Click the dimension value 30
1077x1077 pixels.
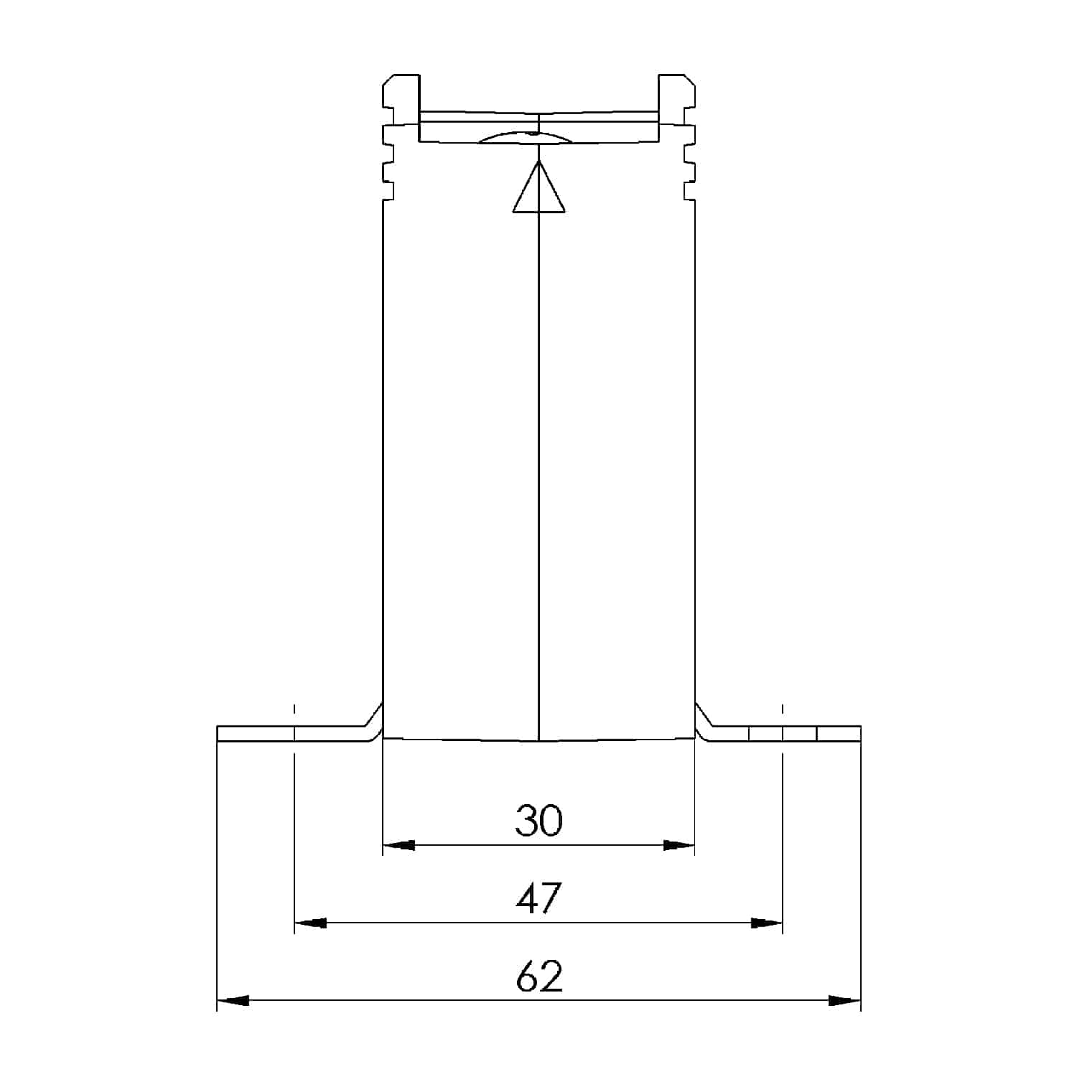[538, 820]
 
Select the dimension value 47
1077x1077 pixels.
[538, 898]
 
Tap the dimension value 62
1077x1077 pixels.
[538, 976]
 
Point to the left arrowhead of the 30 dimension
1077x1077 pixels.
[399, 845]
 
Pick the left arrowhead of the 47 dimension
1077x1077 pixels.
[311, 923]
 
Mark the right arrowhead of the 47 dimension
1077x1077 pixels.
[766, 923]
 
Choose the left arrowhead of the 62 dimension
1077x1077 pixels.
[233, 1000]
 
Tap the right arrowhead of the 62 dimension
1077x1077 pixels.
[844, 1000]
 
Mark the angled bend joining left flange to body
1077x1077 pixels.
[373, 722]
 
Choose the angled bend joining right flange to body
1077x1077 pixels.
[704, 722]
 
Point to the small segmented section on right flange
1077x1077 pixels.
[783, 733]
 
